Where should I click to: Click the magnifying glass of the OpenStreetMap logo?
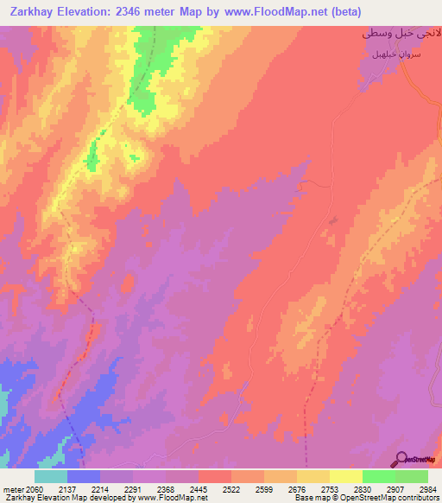[401, 458]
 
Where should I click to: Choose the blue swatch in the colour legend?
[83, 476]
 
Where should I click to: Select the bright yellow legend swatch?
[345, 476]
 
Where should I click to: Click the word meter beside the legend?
[13, 489]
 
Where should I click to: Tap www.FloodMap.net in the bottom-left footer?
[176, 498]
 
